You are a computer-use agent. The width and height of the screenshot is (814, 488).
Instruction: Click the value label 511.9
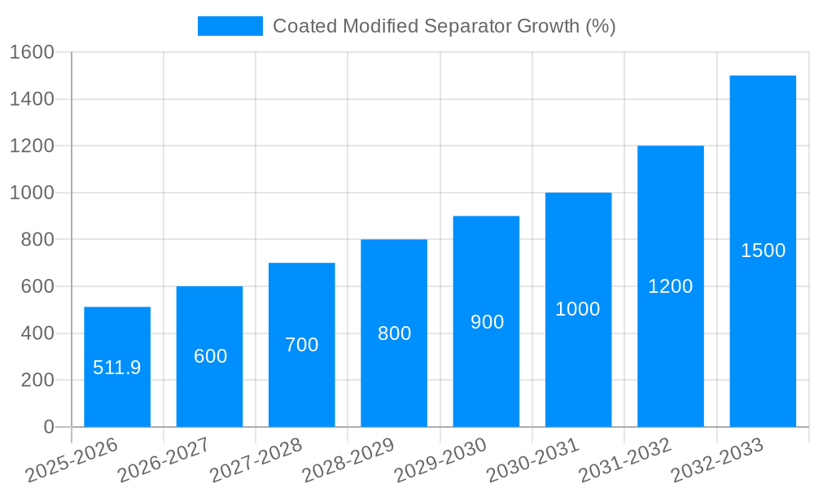(117, 368)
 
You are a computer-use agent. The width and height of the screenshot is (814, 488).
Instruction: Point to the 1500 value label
(763, 251)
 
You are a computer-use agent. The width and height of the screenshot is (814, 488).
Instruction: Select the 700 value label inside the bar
(301, 345)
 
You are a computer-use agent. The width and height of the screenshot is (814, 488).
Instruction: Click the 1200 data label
(670, 286)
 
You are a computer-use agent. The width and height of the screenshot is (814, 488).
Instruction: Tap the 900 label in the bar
(487, 322)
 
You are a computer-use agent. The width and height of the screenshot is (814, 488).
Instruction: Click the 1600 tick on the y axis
(31, 53)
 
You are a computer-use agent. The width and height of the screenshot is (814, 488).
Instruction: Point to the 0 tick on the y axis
(48, 427)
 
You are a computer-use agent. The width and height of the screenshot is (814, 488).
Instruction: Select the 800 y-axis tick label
(37, 240)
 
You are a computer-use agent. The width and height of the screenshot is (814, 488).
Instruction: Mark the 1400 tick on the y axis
(31, 99)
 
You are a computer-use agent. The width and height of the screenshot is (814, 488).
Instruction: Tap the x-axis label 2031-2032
(625, 460)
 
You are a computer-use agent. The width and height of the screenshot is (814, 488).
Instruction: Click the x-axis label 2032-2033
(717, 460)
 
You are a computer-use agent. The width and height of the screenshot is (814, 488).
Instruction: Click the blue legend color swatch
(230, 26)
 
